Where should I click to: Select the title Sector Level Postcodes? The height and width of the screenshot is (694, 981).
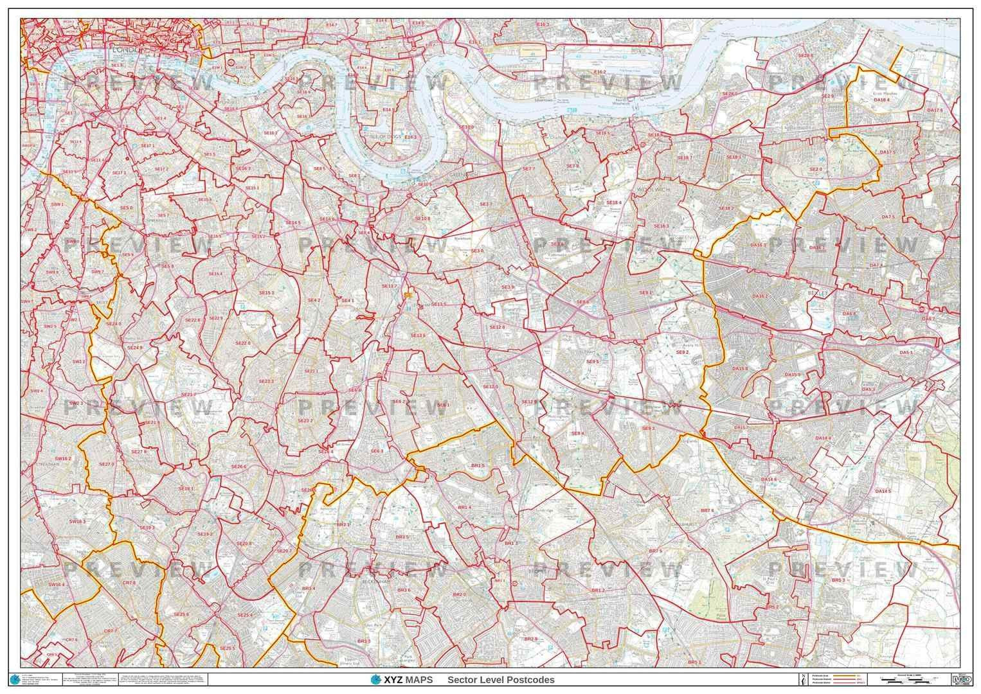[x=501, y=680]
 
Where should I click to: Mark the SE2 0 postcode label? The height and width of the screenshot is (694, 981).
[x=815, y=169]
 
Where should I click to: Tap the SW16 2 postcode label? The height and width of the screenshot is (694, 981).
[x=62, y=459]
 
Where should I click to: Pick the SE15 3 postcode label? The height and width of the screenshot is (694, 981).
[x=267, y=292]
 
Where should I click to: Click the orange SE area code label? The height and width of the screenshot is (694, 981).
[x=407, y=294]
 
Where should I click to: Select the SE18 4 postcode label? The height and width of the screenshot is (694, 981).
[x=614, y=202]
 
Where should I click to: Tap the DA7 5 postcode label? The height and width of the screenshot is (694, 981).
[x=888, y=217]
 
